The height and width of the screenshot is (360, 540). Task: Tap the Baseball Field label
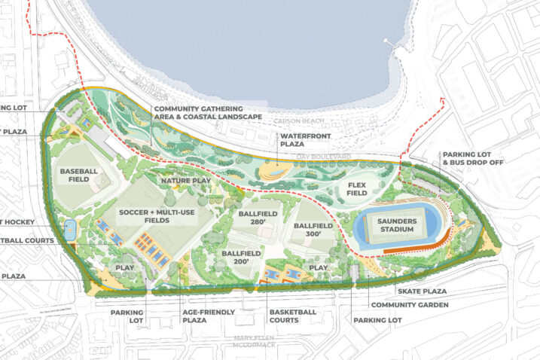(x=78, y=175)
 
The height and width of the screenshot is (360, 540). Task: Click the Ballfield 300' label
(x=312, y=230)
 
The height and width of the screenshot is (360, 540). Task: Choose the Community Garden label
(x=410, y=305)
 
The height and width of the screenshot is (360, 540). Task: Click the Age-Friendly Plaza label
(x=209, y=316)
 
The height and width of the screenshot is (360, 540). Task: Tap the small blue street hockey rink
(x=70, y=228)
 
